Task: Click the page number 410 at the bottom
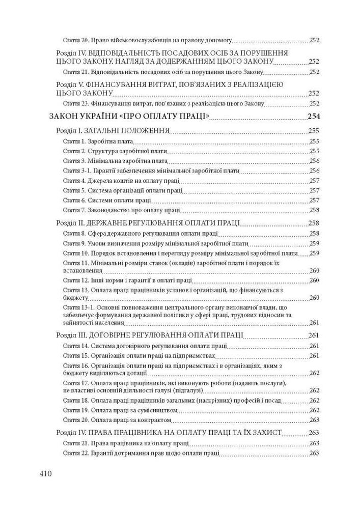click(x=45, y=473)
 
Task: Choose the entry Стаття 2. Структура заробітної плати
click(x=115, y=151)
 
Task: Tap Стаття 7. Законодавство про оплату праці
click(x=121, y=210)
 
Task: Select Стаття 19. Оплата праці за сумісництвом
click(x=119, y=410)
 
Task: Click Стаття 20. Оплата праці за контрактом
click(x=117, y=420)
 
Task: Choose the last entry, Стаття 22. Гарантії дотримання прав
click(x=141, y=454)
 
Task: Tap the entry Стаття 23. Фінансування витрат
click(x=163, y=103)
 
